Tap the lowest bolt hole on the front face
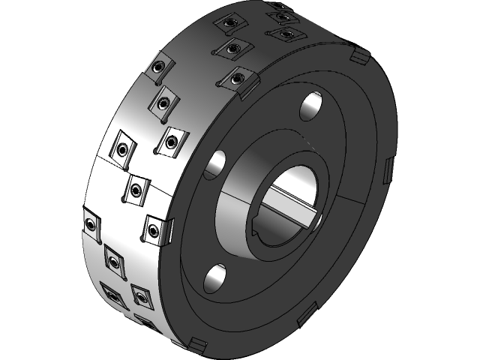(216, 278)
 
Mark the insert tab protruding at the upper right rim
(358, 56)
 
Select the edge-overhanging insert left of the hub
(157, 229)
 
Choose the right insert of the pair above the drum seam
(172, 140)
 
